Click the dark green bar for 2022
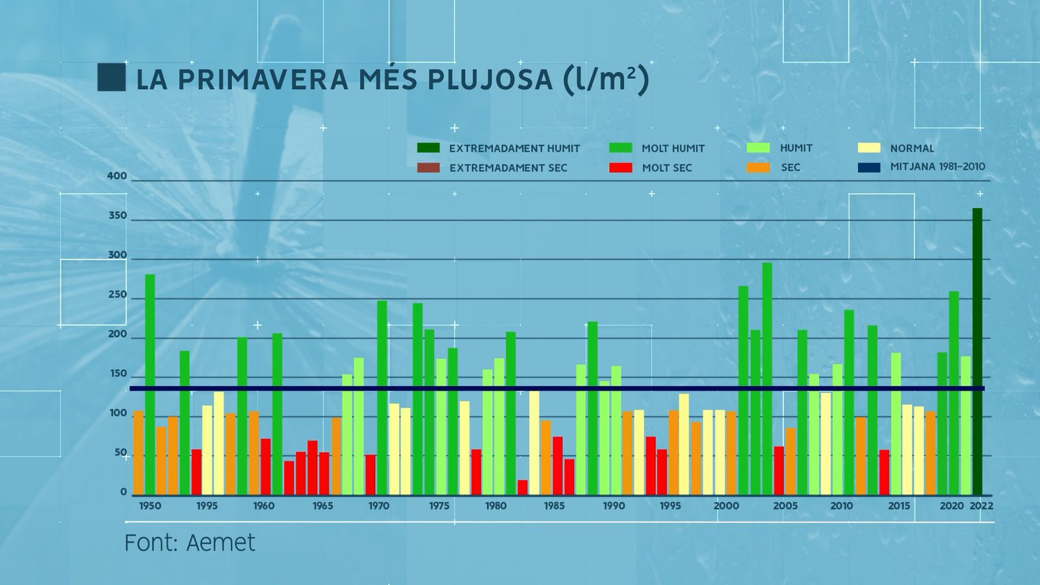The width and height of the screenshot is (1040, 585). point(977,351)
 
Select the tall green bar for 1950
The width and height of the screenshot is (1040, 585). point(150,383)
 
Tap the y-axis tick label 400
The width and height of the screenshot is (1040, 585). point(117,176)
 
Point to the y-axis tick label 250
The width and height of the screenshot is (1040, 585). point(117,295)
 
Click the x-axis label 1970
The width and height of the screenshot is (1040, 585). point(379,506)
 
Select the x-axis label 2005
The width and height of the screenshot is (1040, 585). point(785,506)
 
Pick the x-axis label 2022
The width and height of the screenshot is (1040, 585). point(981,506)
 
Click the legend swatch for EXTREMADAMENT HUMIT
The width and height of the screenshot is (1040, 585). point(428,148)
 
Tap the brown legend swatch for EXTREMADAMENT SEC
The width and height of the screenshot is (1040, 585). point(428,168)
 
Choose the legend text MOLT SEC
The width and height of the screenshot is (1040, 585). point(667,168)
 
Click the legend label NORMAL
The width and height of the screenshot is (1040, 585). point(912,148)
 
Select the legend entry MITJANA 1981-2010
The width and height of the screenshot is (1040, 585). point(937,167)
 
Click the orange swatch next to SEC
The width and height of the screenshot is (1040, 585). point(758,168)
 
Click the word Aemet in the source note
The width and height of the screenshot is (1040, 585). point(221,543)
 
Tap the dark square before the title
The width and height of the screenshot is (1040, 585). point(111,77)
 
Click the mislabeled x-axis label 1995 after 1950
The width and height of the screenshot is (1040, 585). point(207,506)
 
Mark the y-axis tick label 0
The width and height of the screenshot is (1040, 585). point(123,493)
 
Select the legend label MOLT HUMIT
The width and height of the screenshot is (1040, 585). point(673,148)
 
